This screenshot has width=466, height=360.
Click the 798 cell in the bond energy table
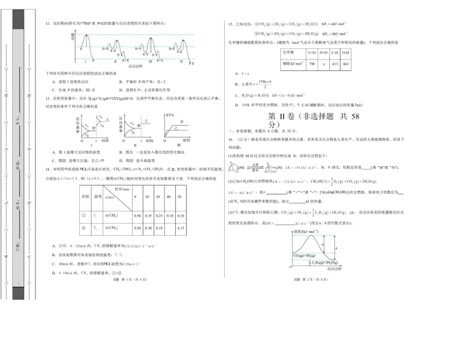pos(312,63)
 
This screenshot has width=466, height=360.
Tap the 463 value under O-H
pos(345,63)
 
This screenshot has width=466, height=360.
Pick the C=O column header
pos(312,52)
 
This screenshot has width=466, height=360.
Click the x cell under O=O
pos(324,63)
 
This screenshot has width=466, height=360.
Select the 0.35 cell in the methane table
pos(149,216)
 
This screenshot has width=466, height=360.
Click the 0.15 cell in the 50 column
pos(180,228)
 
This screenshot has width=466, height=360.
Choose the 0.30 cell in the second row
pos(149,228)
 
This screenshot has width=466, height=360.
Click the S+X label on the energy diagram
pos(105,49)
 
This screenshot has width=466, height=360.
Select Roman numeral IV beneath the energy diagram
pos(181,61)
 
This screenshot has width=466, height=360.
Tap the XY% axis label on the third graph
pos(171,115)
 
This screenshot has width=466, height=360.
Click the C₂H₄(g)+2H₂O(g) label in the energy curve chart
pos(319,263)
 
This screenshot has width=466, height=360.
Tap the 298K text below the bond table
pos(245,105)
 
